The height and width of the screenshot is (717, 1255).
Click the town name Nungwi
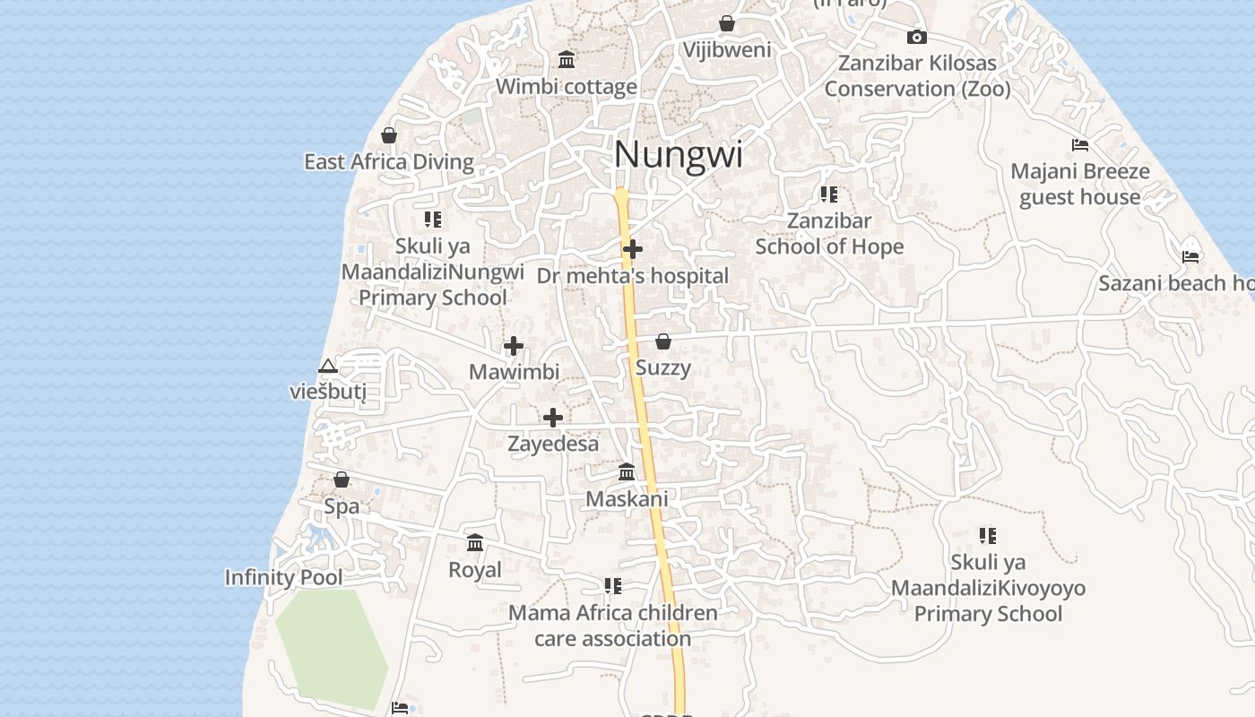coord(679,155)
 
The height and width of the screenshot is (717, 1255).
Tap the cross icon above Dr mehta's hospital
coord(633,248)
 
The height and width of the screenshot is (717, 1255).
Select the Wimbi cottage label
coord(567,87)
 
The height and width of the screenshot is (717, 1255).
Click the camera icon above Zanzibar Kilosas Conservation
coord(916,37)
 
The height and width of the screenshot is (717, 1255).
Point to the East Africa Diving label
coord(389,162)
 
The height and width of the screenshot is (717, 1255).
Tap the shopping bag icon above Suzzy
coord(663,341)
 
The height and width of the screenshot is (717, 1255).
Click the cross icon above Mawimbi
coord(514,346)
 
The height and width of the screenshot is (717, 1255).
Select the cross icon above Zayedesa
coord(553,418)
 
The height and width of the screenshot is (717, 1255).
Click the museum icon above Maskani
coord(627,472)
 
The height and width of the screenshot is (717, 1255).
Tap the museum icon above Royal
coord(475,543)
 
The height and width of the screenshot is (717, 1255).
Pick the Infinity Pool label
coord(283,577)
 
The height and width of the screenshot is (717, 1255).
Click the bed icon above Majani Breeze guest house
coord(1080,145)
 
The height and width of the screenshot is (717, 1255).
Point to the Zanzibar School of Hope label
coord(829,233)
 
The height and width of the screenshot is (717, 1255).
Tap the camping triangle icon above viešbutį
coord(328,366)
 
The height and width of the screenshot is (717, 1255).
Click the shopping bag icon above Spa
coord(342,480)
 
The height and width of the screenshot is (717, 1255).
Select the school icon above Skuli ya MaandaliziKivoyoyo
coord(988,536)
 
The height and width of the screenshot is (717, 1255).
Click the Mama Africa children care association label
coord(613,626)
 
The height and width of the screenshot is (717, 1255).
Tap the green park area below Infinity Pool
coord(330,647)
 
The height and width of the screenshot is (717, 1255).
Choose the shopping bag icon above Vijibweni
coord(727,23)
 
